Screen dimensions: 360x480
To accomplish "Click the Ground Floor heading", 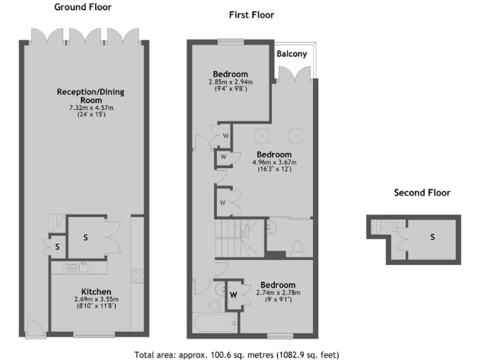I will pos(84,7).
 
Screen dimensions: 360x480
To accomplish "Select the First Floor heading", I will pos(252,15).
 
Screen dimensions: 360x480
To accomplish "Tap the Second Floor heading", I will pos(422,192).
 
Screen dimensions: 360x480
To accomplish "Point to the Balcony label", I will pos(292,54).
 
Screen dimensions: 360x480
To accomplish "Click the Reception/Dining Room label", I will pos(91,96).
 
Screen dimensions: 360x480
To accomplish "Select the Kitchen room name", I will pos(96,292).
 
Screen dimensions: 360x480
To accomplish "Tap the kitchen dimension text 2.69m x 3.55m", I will pos(96,299).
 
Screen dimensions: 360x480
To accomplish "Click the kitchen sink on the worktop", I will pos(83,268).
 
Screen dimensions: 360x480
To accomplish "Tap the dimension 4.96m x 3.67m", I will pos(274,162).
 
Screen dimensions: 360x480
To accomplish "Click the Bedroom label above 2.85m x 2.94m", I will pos(230,74).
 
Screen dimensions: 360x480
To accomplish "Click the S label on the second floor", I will pos(432,237).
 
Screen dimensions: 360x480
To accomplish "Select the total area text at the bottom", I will pos(237,354).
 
